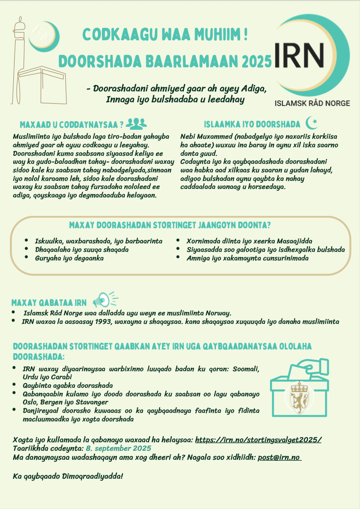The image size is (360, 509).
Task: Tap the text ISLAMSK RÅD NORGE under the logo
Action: click(x=313, y=103)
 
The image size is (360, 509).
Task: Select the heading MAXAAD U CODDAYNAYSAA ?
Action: click(x=72, y=125)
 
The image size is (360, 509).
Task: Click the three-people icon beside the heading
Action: click(x=137, y=124)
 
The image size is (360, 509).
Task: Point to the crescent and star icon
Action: click(x=312, y=123)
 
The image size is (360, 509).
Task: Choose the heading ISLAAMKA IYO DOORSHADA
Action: click(x=252, y=125)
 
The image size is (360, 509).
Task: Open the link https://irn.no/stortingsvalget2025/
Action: click(x=258, y=440)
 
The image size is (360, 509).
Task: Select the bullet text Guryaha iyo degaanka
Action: click(x=69, y=258)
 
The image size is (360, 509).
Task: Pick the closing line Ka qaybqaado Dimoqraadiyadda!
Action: click(x=68, y=475)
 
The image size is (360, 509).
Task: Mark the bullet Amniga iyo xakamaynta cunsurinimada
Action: click(x=247, y=258)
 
